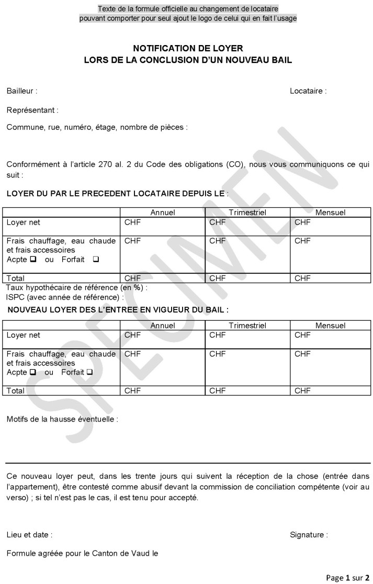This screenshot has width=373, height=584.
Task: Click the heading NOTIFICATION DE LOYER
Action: point(188,48)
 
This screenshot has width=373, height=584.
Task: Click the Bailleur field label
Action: point(21,91)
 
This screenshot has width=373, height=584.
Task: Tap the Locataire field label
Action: point(308,91)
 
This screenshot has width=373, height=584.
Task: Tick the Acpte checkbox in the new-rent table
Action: point(32,372)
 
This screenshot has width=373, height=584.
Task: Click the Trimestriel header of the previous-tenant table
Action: point(247,213)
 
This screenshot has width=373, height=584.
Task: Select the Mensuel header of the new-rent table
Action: point(330,326)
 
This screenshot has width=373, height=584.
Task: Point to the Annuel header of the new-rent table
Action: point(163,326)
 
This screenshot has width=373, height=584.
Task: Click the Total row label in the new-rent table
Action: point(16,391)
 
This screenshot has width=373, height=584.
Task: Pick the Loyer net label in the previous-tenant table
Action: point(23,223)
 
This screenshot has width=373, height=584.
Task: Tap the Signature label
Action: point(309,535)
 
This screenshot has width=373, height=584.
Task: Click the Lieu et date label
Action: point(29,535)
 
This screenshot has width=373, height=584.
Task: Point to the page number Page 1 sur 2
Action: point(347,578)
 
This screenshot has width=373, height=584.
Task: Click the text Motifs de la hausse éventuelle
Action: point(62,420)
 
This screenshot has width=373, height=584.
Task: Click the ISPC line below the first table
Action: point(65,297)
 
